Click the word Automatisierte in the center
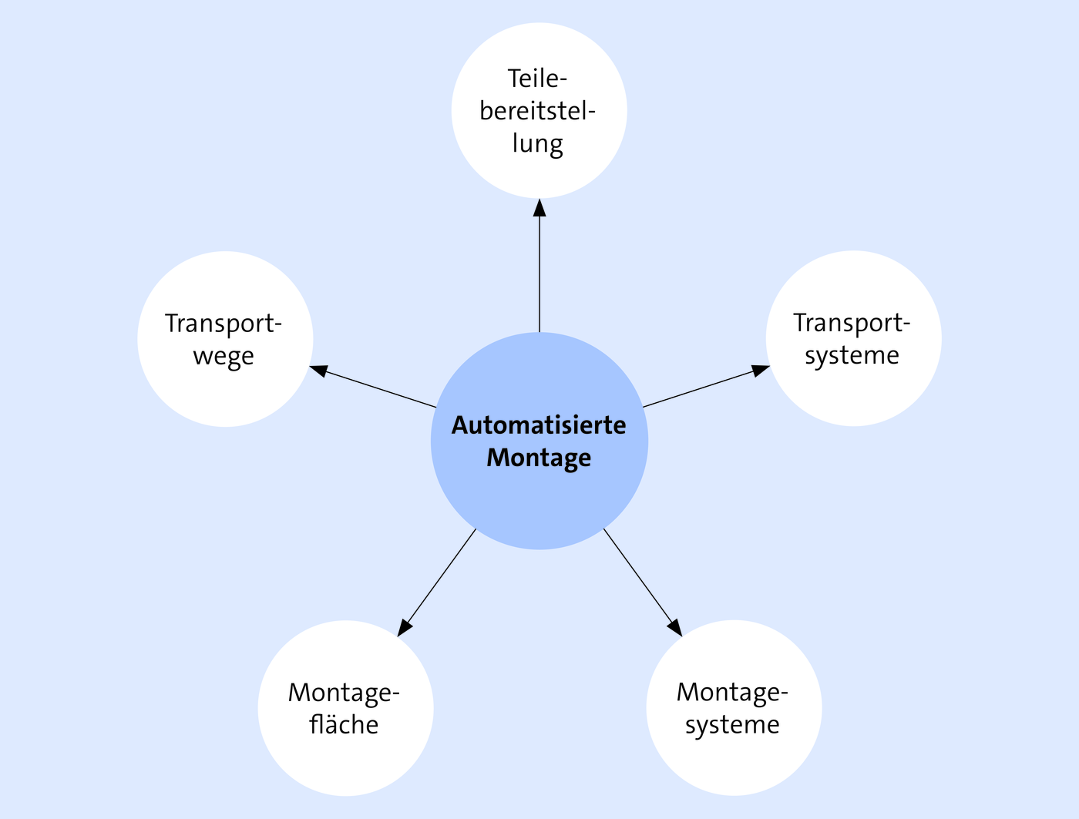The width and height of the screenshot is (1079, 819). (x=539, y=425)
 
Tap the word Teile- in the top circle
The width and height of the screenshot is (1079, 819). (x=537, y=79)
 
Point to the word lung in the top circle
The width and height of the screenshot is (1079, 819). (x=537, y=144)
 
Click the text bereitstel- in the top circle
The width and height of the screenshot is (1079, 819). (x=537, y=111)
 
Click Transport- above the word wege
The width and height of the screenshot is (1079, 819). (x=224, y=324)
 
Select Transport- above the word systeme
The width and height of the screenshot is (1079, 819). (x=852, y=324)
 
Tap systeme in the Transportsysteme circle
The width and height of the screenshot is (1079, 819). (x=852, y=356)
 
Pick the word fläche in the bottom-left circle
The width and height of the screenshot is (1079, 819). (x=344, y=725)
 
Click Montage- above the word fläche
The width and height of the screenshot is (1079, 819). (x=344, y=693)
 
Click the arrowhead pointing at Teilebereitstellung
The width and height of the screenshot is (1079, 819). (x=539, y=207)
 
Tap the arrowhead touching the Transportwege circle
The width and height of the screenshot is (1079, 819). (x=318, y=371)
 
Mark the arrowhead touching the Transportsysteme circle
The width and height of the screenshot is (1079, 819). (x=761, y=370)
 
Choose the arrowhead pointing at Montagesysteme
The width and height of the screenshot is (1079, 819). (x=675, y=629)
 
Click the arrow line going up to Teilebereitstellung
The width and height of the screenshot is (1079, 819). (x=539, y=265)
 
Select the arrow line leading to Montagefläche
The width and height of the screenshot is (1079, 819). (x=436, y=582)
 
